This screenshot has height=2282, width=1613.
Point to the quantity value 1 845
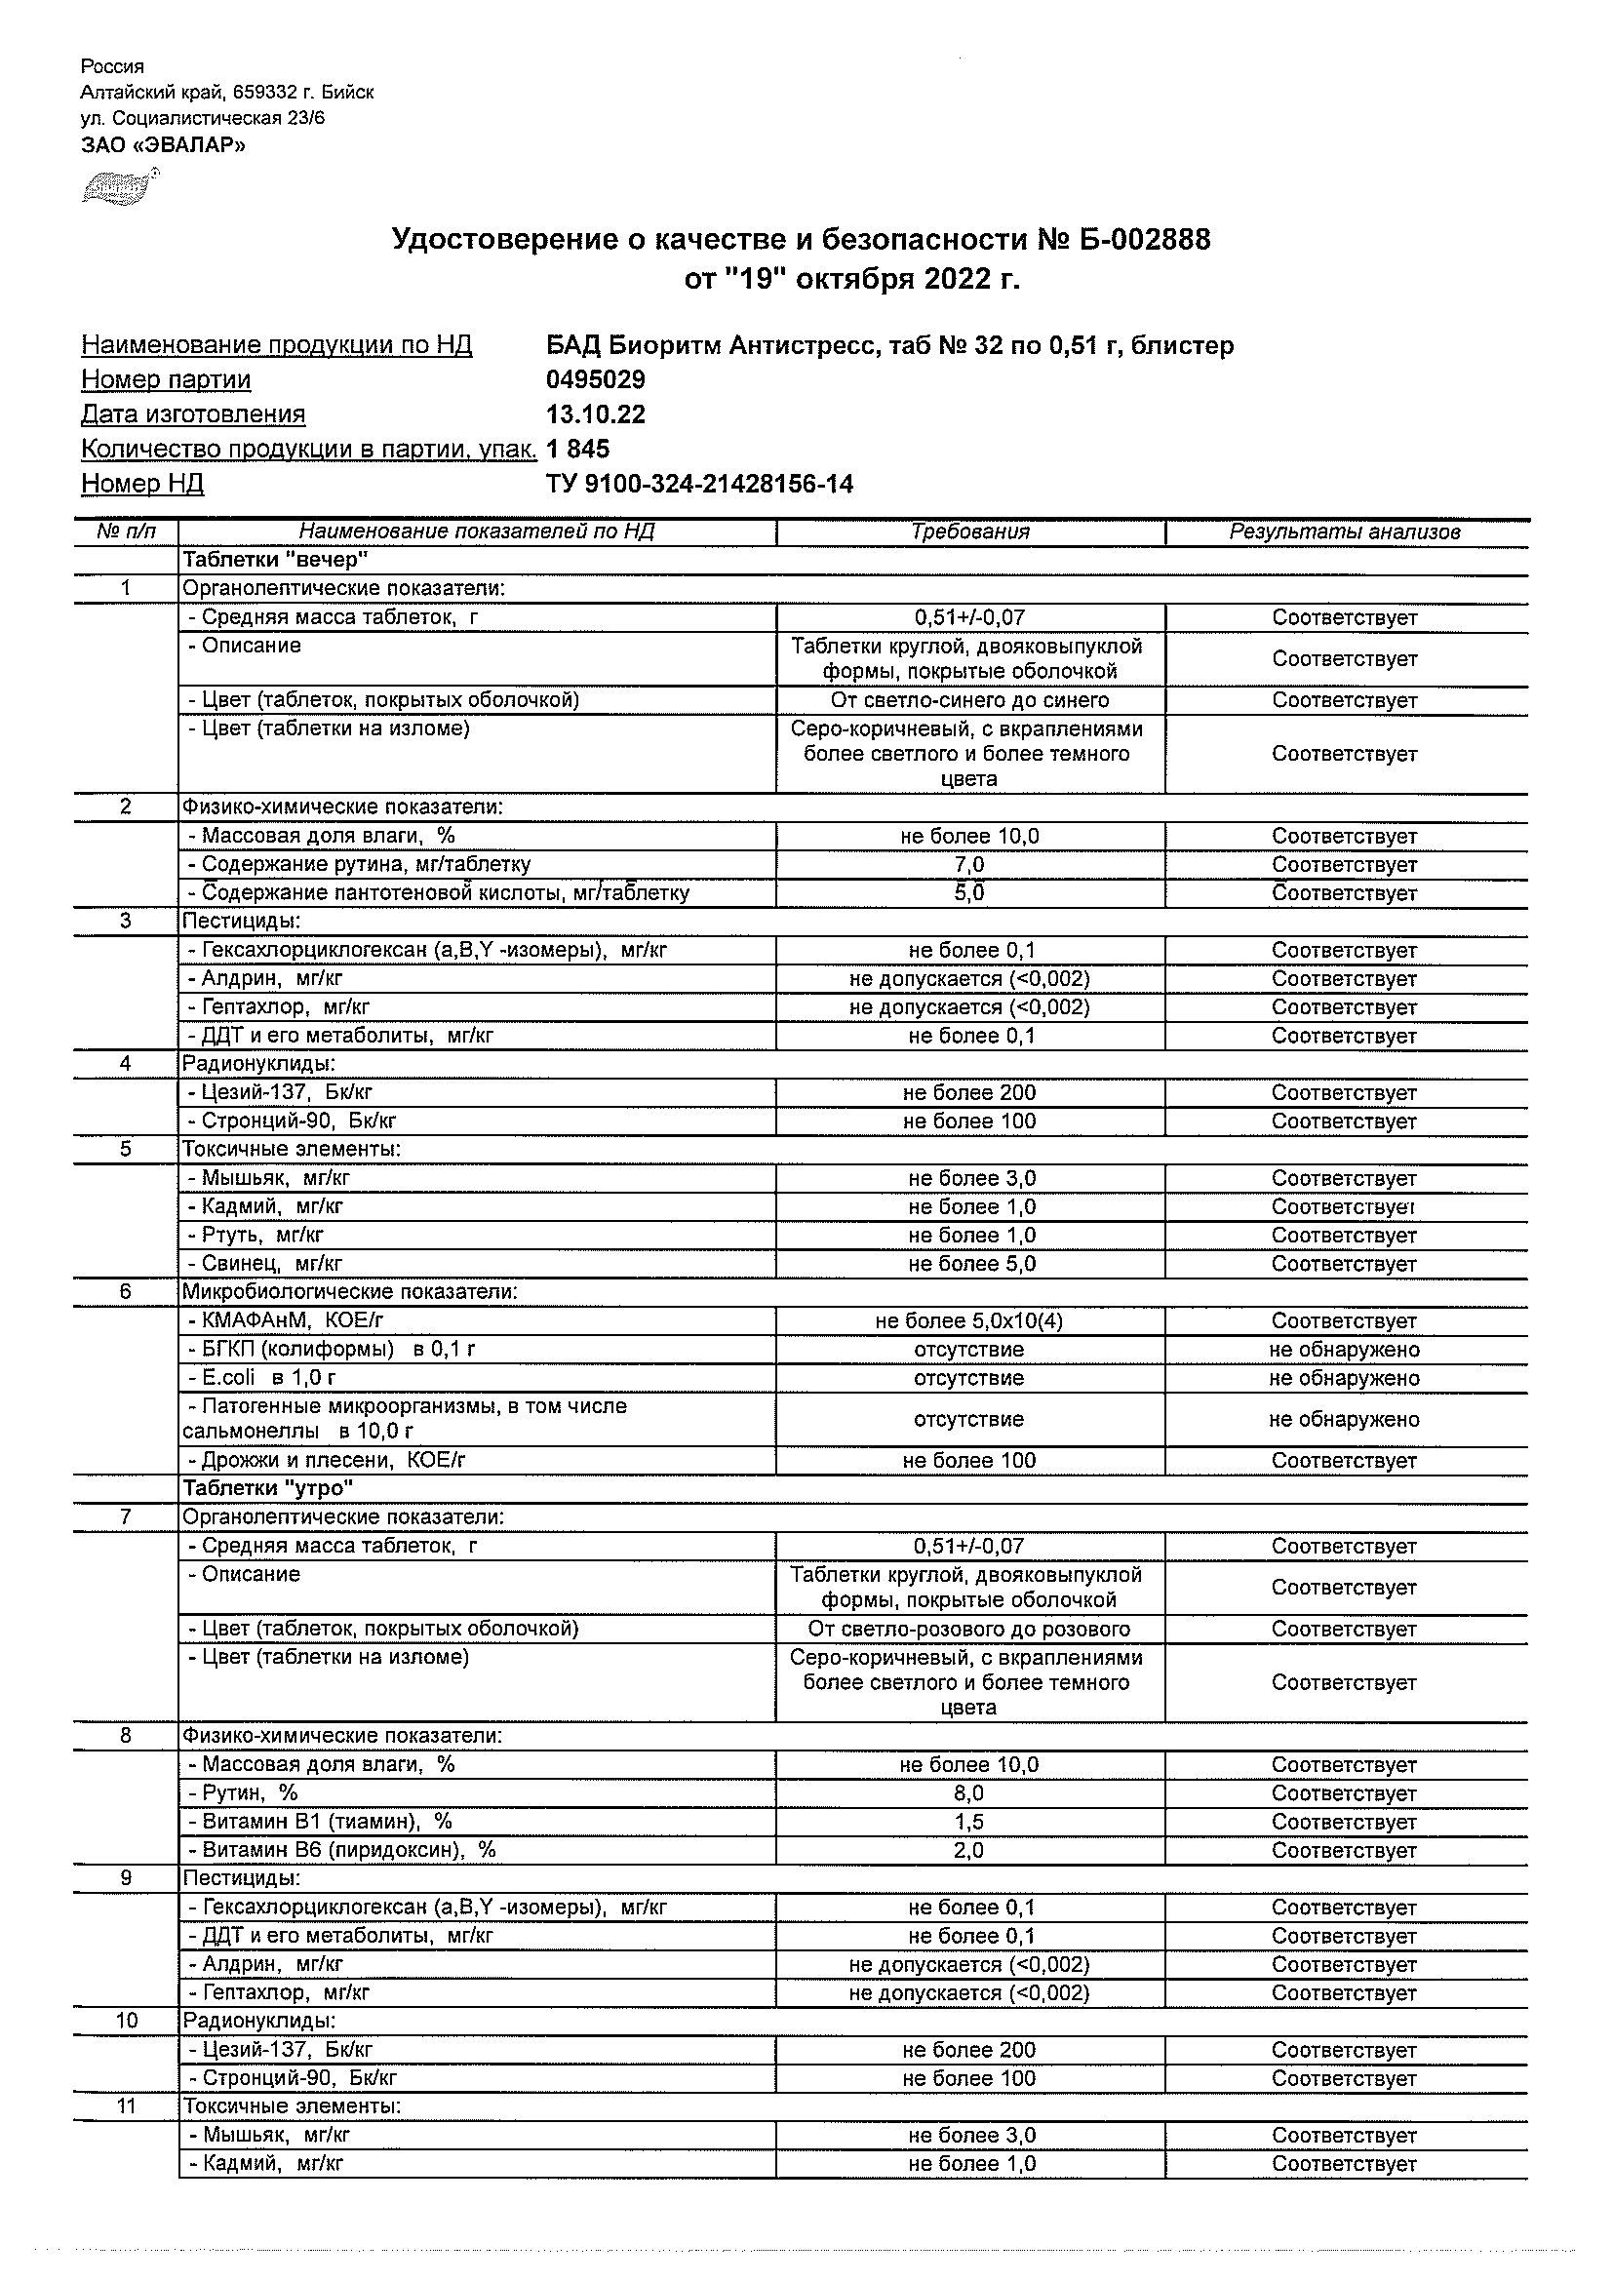pos(578,450)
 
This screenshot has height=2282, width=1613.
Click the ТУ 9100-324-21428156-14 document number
pos(699,484)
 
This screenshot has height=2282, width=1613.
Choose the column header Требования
pos(969,531)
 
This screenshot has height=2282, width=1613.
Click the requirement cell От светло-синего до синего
pos(969,699)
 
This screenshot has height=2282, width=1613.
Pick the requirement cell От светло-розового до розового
pos(969,1629)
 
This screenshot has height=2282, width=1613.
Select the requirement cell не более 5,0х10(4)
pos(969,1320)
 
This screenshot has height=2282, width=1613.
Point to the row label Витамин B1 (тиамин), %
pos(327,1822)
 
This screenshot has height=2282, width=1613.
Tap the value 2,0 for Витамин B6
pos(969,1850)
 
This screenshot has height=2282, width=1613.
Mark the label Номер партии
pos(166,379)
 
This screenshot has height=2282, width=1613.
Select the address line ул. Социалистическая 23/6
pos(203,118)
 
